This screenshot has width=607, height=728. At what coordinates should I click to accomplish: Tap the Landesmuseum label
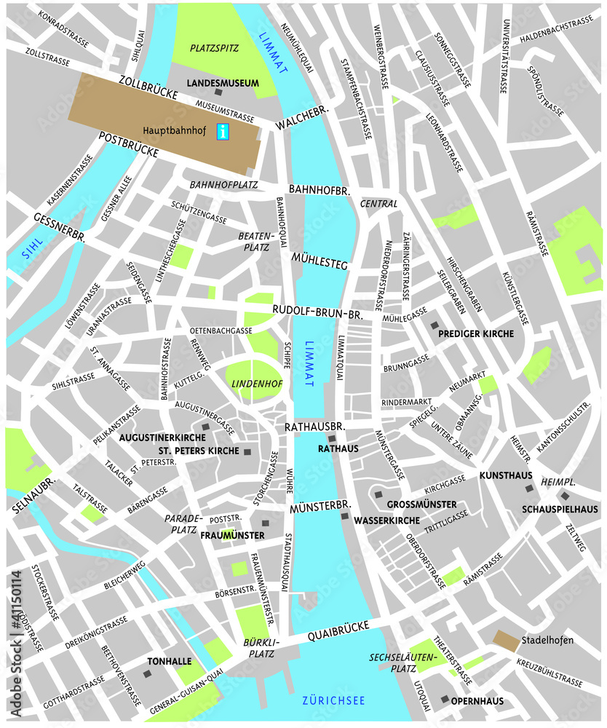pyautogui.click(x=223, y=84)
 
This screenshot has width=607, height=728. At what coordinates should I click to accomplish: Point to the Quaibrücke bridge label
pyautogui.click(x=338, y=631)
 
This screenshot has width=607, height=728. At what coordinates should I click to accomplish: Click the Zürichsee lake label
pyautogui.click(x=333, y=700)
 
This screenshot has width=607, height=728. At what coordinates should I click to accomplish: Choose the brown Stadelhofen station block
pyautogui.click(x=506, y=640)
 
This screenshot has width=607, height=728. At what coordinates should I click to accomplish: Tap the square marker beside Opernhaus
pyautogui.click(x=445, y=699)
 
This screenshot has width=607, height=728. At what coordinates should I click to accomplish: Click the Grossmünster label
pyautogui.click(x=421, y=505)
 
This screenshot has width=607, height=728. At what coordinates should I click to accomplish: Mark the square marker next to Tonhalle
pyautogui.click(x=148, y=675)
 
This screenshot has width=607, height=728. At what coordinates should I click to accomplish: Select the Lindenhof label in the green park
pyautogui.click(x=247, y=383)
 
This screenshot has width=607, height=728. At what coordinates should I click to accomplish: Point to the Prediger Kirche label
pyautogui.click(x=476, y=333)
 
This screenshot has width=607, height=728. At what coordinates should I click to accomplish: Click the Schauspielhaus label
pyautogui.click(x=560, y=509)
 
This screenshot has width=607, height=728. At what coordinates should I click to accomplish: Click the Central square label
pyautogui.click(x=379, y=204)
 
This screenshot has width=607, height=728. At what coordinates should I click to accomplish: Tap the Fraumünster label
pyautogui.click(x=232, y=535)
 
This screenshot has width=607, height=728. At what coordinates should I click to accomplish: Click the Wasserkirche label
pyautogui.click(x=386, y=521)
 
